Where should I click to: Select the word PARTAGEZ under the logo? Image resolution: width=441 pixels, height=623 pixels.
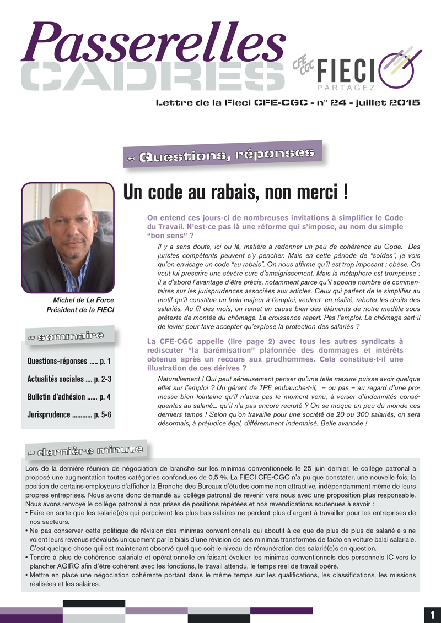click(x=346, y=88)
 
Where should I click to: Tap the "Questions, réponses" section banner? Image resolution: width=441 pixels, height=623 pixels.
click(x=225, y=156)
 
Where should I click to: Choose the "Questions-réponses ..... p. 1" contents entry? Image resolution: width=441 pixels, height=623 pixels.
click(x=69, y=361)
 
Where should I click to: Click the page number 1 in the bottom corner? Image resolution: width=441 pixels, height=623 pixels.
click(x=432, y=614)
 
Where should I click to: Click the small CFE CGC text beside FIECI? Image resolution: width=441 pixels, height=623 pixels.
click(x=303, y=66)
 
